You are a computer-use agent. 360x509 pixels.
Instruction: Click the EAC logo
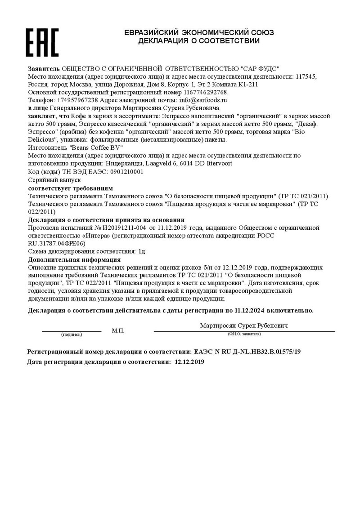coord(42,42)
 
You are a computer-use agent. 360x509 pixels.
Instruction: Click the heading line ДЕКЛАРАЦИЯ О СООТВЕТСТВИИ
coord(199,41)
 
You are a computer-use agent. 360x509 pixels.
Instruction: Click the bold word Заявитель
coord(44,68)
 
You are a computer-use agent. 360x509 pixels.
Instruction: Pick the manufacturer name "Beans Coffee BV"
coord(97,147)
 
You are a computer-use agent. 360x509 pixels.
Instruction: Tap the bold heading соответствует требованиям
coord(71,188)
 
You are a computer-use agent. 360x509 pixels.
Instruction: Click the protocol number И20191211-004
coord(124,228)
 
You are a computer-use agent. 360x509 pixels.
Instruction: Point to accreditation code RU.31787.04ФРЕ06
coord(56,243)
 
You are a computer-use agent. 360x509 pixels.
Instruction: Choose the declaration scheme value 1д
coord(142,251)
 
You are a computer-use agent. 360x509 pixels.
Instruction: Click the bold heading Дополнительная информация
coord(74,259)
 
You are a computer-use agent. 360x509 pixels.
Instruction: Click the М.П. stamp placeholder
coord(118,331)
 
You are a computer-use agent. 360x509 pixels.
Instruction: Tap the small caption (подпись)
coord(72,335)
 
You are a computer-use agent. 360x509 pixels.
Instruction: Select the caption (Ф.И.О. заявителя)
coord(244,334)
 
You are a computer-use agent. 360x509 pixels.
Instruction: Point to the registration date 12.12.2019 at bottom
coord(189,362)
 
